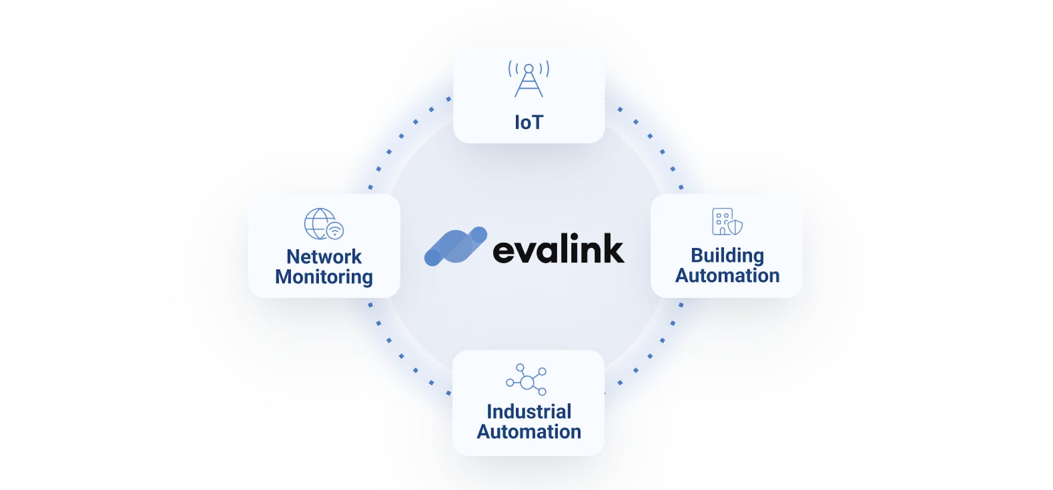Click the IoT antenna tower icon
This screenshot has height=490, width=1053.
(529, 80)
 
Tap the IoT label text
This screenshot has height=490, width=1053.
(529, 122)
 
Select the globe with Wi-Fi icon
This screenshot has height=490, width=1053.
(324, 224)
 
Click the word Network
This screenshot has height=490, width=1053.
(324, 257)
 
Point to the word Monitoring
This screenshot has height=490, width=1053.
(324, 277)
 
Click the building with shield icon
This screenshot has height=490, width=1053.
(727, 221)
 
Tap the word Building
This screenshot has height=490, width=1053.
(727, 255)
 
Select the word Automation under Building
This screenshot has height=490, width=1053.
(727, 275)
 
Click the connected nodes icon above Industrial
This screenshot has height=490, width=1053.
(526, 379)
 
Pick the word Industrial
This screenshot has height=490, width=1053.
(529, 412)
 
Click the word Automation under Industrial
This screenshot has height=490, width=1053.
(529, 431)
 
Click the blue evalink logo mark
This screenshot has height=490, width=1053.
(455, 247)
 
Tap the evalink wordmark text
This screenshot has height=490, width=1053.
(558, 249)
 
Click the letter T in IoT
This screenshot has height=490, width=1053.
(536, 122)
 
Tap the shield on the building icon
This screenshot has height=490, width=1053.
(735, 227)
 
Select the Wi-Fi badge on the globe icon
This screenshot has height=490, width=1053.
(335, 231)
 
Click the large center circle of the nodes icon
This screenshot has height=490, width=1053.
(526, 382)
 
